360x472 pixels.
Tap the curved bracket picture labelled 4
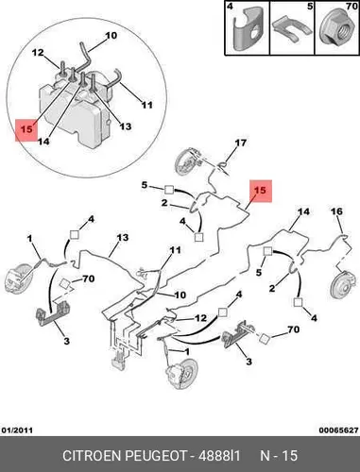click(x=249, y=29)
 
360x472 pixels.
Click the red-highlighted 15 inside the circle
click(x=26, y=130)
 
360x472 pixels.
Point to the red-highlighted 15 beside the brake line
click(x=261, y=191)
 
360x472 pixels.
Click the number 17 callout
click(x=241, y=143)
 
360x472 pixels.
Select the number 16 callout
click(x=336, y=211)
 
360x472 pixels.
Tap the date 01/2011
click(x=18, y=430)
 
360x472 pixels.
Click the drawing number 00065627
click(x=338, y=430)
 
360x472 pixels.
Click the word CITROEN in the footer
click(x=93, y=455)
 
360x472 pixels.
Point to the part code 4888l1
click(x=219, y=455)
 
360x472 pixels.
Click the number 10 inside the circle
click(x=111, y=36)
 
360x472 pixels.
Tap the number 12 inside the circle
click(x=38, y=53)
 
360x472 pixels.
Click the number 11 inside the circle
click(x=146, y=105)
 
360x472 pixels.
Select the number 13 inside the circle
click(x=126, y=126)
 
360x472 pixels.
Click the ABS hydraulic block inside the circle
click(x=75, y=110)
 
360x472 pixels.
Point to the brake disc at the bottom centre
click(x=183, y=373)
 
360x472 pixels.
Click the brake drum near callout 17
click(x=186, y=163)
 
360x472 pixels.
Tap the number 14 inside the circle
click(x=43, y=142)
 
